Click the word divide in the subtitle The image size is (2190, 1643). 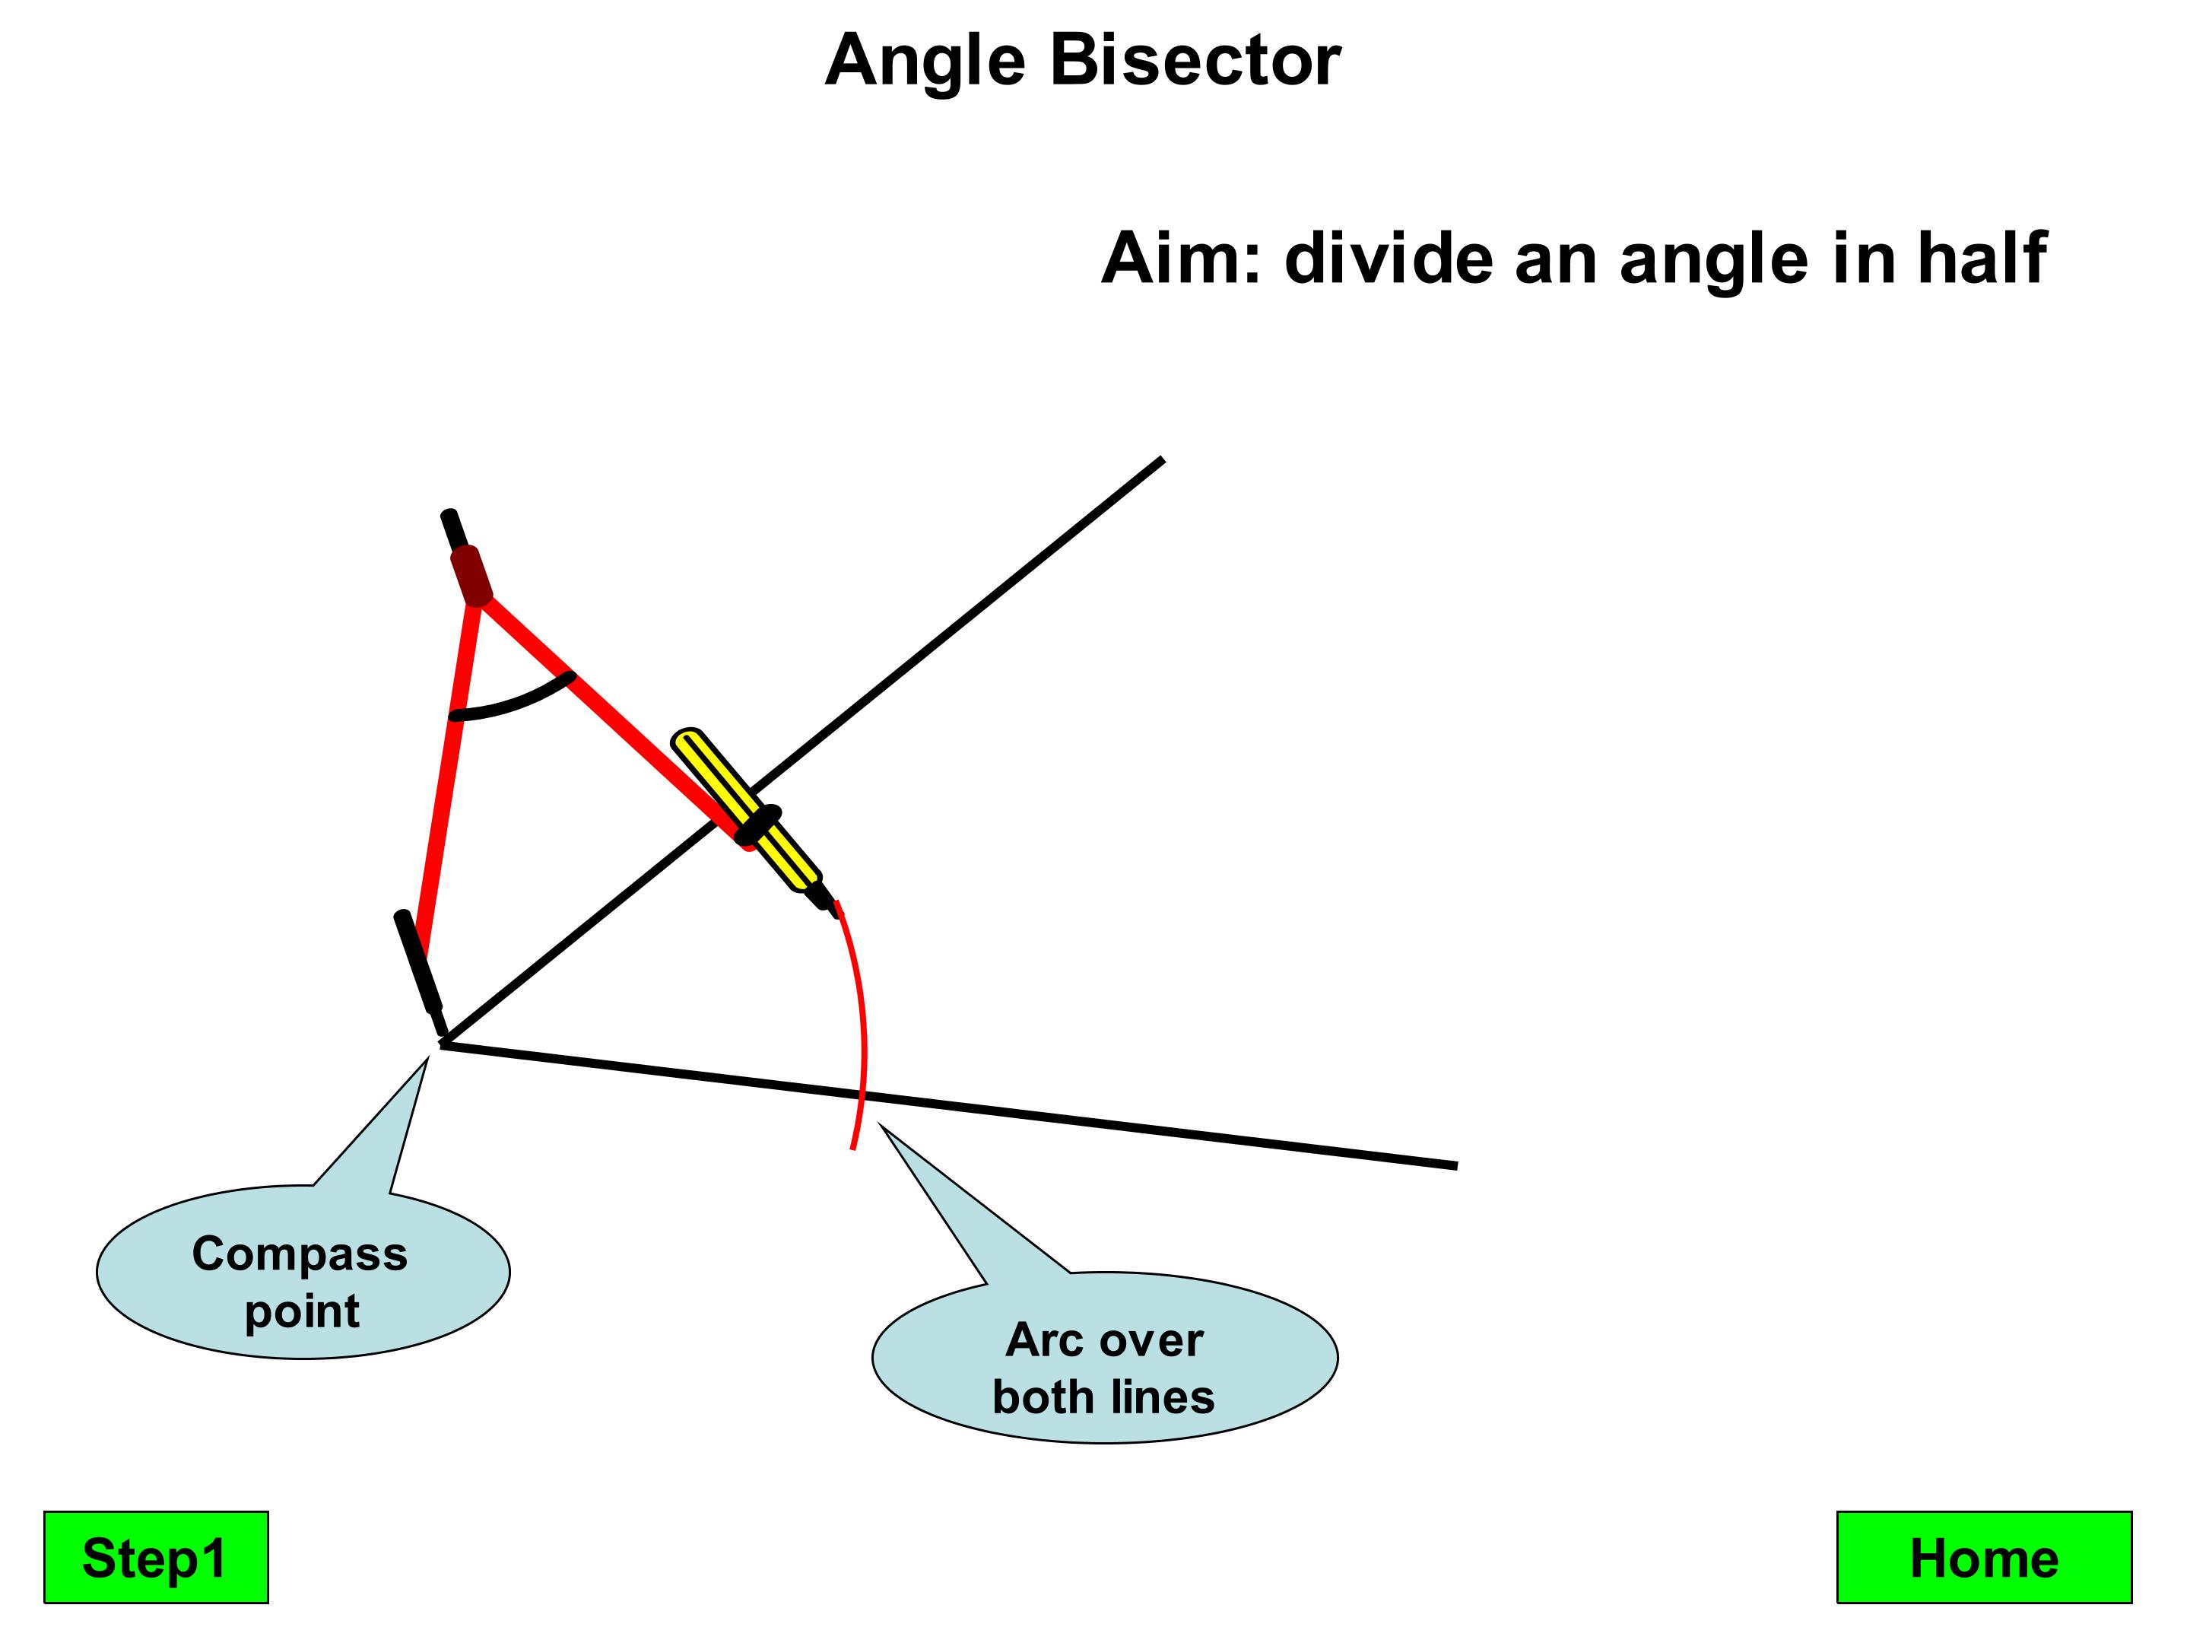point(1390,259)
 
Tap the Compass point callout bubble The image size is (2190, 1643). point(302,1279)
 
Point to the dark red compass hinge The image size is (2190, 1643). point(471,575)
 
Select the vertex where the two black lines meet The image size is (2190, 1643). point(443,1043)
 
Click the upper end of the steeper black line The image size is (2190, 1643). point(1160,460)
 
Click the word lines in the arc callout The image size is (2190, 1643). point(1163,1397)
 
